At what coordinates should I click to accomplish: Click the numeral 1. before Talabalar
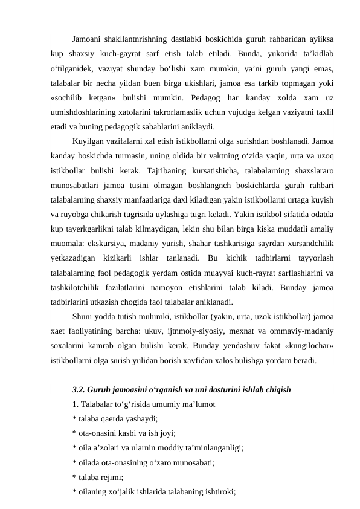click(x=74, y=403)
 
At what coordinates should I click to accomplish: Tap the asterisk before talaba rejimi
click(x=73, y=477)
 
